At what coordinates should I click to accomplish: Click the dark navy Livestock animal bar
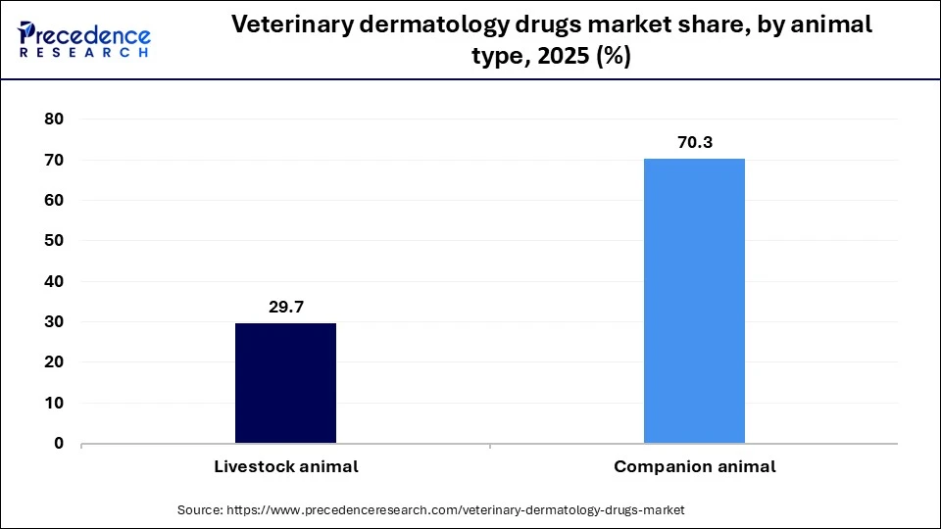[x=285, y=383]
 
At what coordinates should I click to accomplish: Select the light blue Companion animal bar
[x=694, y=301]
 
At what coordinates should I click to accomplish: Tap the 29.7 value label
[x=286, y=308]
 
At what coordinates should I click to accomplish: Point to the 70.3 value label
[x=694, y=143]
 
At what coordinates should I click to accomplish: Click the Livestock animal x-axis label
[x=286, y=467]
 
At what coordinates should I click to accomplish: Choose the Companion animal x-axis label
[x=694, y=467]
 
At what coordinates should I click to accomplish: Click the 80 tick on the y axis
[x=54, y=120]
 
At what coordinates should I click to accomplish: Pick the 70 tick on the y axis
[x=54, y=160]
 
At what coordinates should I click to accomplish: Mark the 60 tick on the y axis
[x=54, y=201]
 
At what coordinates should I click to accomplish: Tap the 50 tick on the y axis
[x=54, y=241]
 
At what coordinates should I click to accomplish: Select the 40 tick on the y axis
[x=54, y=281]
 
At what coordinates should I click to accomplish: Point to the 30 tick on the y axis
[x=54, y=322]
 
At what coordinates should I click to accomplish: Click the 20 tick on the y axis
[x=54, y=362]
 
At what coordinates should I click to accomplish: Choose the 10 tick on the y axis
[x=54, y=403]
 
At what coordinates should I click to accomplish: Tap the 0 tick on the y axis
[x=59, y=444]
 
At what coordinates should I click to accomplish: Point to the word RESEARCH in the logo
[x=83, y=53]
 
